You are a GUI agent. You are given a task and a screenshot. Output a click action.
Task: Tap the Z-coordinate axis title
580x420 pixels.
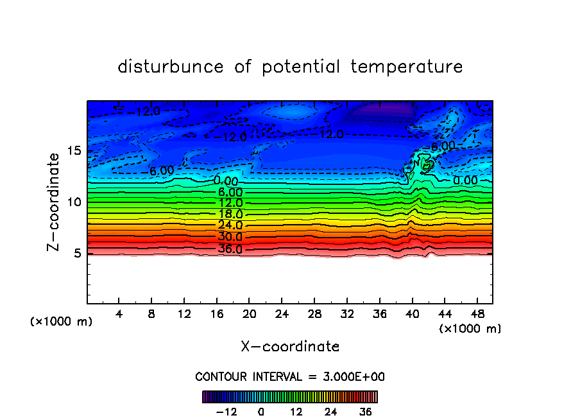coord(55,202)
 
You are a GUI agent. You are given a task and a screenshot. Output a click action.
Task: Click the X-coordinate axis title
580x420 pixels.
coord(290,347)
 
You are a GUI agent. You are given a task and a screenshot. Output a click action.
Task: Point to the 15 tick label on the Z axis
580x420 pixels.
coord(74,151)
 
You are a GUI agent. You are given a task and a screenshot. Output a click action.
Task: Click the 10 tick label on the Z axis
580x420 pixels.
coord(74,202)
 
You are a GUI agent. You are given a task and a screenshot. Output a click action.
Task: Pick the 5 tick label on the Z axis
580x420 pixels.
coord(78,253)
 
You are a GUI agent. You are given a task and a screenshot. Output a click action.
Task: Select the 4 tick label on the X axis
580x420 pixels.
coord(119,315)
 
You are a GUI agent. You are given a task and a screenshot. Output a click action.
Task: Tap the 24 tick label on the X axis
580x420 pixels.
coord(282,315)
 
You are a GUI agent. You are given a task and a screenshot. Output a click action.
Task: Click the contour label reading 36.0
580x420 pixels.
coord(230,249)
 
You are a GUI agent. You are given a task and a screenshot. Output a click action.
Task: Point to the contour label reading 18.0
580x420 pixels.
coord(230,214)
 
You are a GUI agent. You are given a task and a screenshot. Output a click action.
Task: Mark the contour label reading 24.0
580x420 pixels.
coord(230,225)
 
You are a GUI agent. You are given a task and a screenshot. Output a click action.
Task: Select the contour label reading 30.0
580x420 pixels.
coord(230,237)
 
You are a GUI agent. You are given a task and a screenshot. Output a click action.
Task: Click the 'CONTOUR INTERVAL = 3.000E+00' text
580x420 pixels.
coord(290,376)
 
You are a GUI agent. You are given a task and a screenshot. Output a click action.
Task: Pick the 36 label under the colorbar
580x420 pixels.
coord(365,412)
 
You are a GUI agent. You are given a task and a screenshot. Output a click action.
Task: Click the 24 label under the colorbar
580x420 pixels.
coord(330,412)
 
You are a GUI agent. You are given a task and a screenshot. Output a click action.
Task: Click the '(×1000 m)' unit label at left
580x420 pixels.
coord(62,322)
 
